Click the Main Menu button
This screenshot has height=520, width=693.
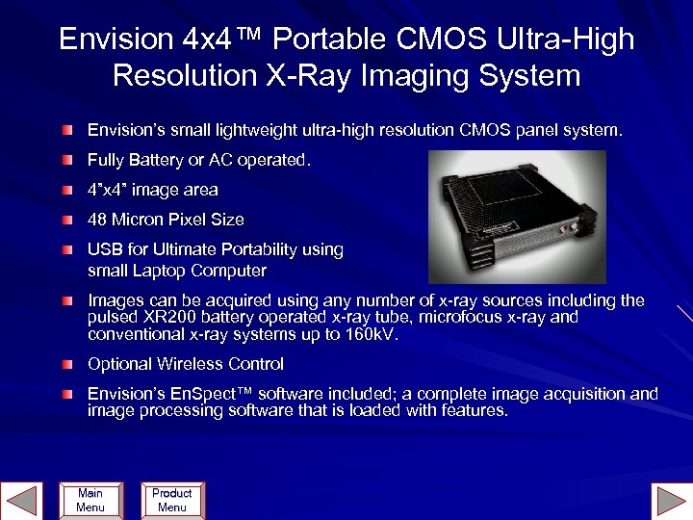click(90, 500)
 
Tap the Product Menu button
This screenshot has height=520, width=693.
click(172, 500)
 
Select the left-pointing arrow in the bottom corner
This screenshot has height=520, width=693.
click(20, 502)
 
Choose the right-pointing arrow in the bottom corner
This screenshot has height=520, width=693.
click(671, 502)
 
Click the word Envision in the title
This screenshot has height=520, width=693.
click(115, 39)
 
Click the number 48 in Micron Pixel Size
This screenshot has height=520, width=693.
click(98, 220)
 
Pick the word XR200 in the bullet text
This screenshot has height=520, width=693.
click(164, 318)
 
